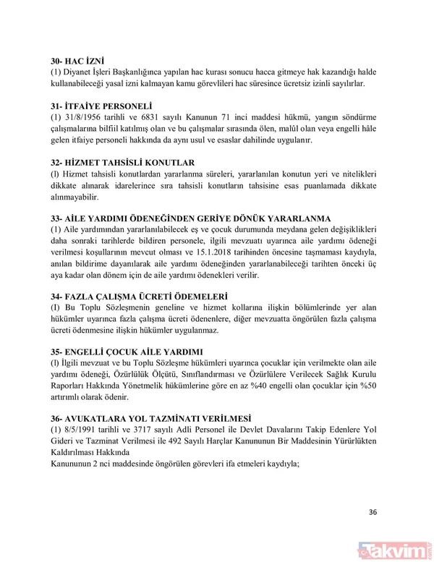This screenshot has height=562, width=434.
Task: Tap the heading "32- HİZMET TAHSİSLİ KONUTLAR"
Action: [x=121, y=162]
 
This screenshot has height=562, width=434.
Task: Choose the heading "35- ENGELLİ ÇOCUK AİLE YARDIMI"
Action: [x=126, y=352]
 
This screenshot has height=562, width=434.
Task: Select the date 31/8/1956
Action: [x=82, y=118]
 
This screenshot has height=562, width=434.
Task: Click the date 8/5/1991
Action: [x=79, y=431]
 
